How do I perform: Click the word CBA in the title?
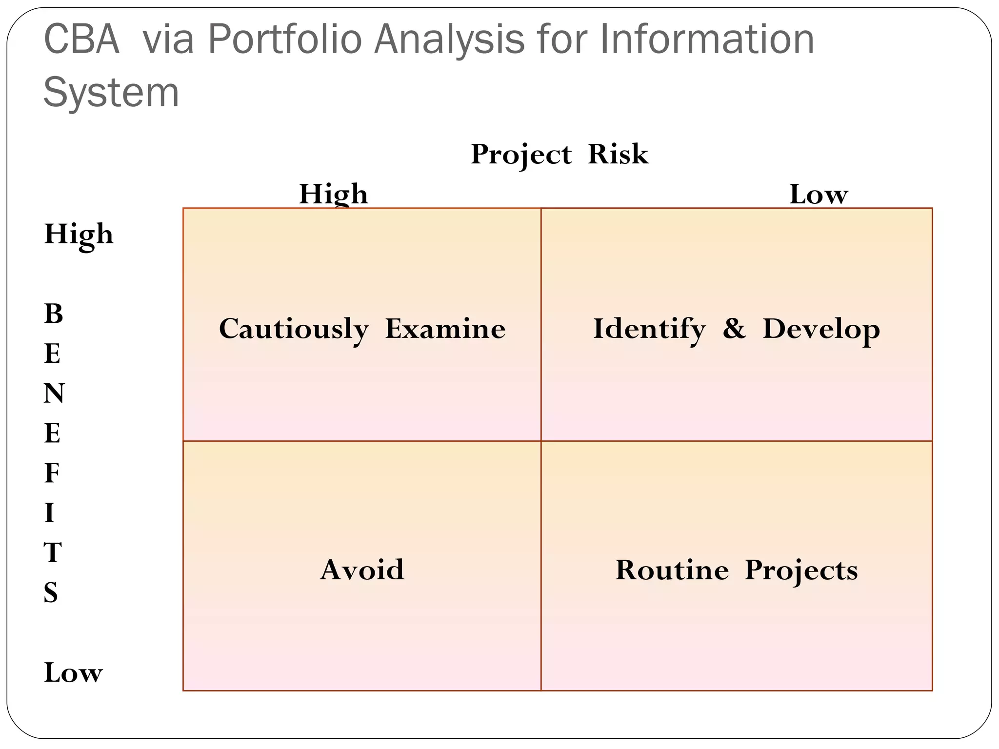click(81, 40)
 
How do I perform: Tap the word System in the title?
click(111, 93)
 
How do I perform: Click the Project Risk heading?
click(559, 155)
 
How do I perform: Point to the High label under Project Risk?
click(334, 194)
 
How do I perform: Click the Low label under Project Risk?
click(819, 194)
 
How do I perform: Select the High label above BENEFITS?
click(79, 235)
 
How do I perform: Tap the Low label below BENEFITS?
click(73, 673)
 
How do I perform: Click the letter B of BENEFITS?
click(54, 314)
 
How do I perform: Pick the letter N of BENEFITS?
click(54, 394)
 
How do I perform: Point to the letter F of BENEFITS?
click(52, 473)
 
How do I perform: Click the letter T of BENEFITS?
click(53, 553)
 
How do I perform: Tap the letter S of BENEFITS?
click(51, 593)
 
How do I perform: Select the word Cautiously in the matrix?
click(294, 329)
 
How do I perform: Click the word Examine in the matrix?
click(445, 329)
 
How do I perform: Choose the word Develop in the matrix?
click(821, 329)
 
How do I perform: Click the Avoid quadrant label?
click(362, 570)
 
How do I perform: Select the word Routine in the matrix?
click(672, 570)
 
